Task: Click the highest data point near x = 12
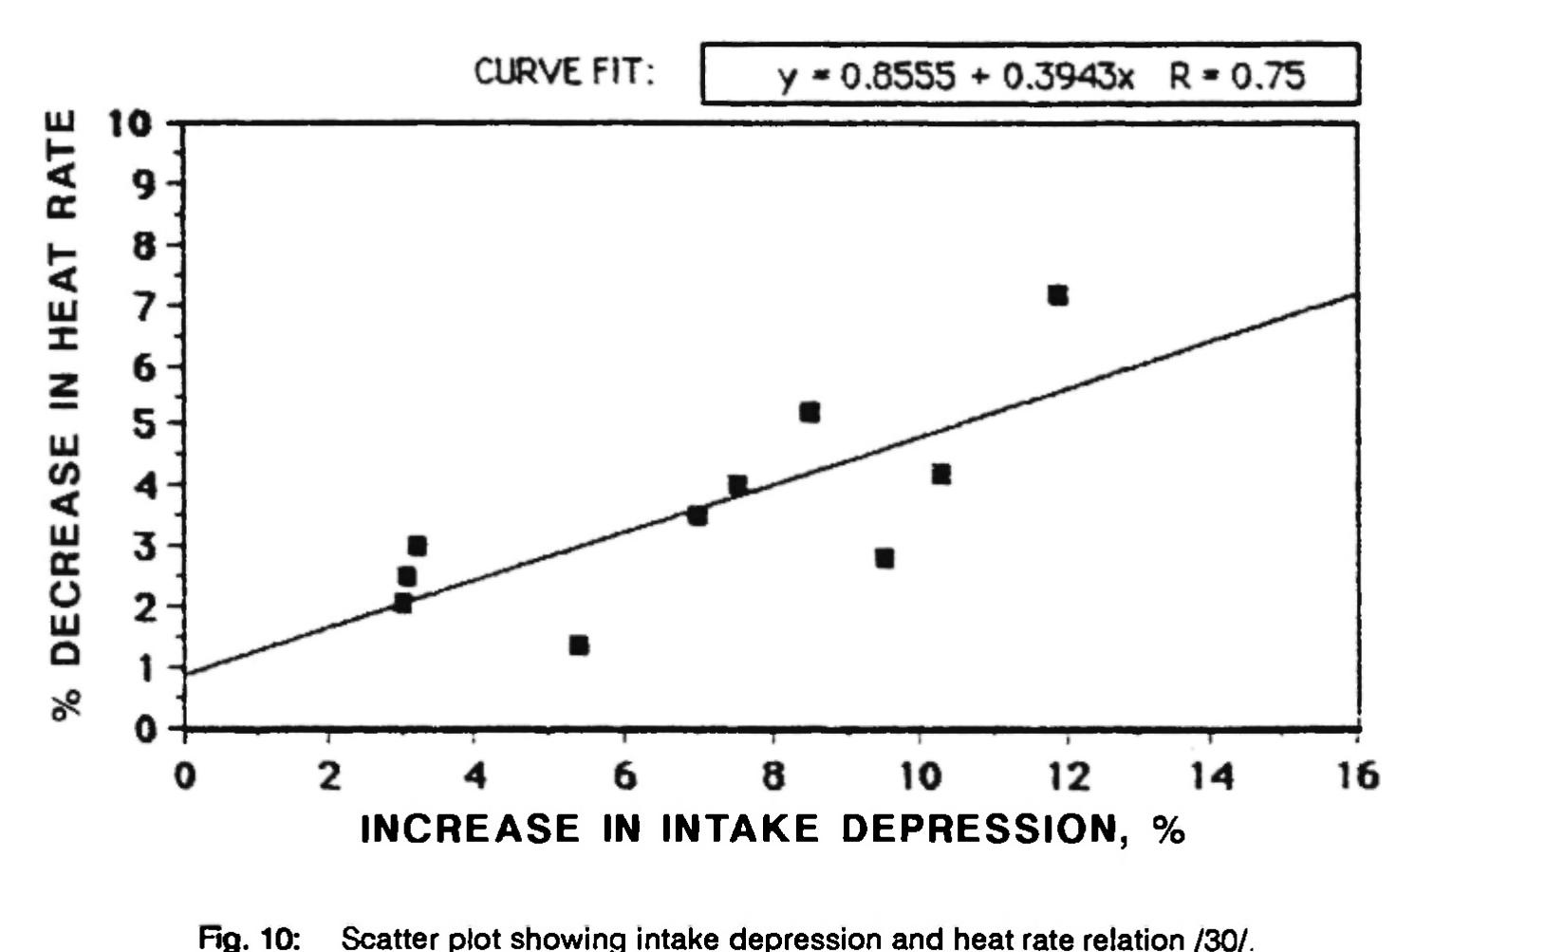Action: (x=1058, y=295)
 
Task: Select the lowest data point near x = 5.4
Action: (x=579, y=645)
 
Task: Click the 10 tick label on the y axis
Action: (x=131, y=124)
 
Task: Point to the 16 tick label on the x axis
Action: (x=1357, y=776)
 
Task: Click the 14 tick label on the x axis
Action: (x=1212, y=776)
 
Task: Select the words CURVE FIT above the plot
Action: (x=565, y=72)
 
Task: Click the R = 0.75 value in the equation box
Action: (x=1238, y=75)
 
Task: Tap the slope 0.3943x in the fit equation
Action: (x=1069, y=75)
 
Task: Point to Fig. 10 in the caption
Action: (x=250, y=939)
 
